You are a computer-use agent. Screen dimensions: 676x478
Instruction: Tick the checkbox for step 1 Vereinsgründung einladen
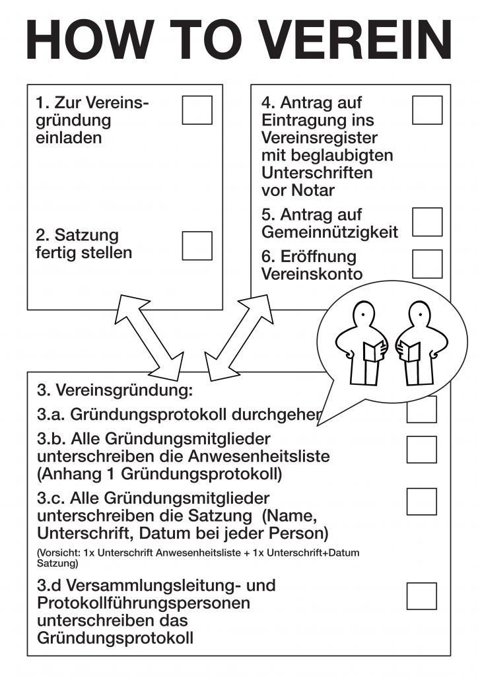pyautogui.click(x=197, y=110)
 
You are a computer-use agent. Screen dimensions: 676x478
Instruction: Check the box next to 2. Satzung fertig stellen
pyautogui.click(x=197, y=246)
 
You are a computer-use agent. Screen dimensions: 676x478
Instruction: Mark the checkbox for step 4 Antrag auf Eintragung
pyautogui.click(x=427, y=110)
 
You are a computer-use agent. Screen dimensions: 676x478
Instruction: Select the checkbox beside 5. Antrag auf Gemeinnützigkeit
pyautogui.click(x=427, y=222)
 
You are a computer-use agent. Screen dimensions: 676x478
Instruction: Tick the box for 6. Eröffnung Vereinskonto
pyautogui.click(x=427, y=263)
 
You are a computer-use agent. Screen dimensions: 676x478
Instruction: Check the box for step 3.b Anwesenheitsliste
pyautogui.click(x=421, y=449)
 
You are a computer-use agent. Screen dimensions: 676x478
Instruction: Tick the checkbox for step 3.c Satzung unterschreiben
pyautogui.click(x=421, y=501)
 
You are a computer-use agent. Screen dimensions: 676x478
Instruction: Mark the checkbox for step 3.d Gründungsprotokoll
pyautogui.click(x=421, y=595)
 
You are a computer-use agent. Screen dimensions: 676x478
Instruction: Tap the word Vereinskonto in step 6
pyautogui.click(x=312, y=274)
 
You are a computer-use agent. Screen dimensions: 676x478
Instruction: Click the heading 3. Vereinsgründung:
pyautogui.click(x=114, y=390)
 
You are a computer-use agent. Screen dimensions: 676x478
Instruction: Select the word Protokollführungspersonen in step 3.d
pyautogui.click(x=143, y=603)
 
